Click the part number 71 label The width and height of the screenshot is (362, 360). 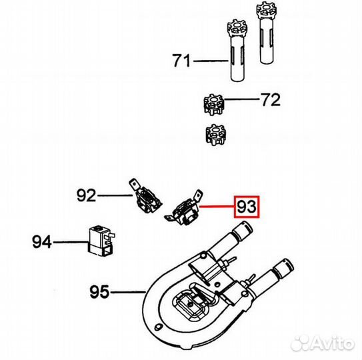pyautogui.click(x=182, y=61)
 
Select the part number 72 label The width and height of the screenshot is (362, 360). pyautogui.click(x=271, y=100)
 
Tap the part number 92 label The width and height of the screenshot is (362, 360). pyautogui.click(x=86, y=195)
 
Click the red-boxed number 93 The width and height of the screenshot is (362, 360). pyautogui.click(x=247, y=207)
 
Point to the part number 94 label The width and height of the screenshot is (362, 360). pyautogui.click(x=42, y=242)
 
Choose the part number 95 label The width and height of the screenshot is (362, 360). pyautogui.click(x=99, y=291)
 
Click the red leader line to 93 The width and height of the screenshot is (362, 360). pyautogui.click(x=217, y=207)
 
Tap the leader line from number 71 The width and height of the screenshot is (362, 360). pyautogui.click(x=211, y=61)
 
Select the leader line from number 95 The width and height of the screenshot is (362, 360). pyautogui.click(x=128, y=293)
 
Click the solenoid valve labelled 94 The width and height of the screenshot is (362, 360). pyautogui.click(x=101, y=241)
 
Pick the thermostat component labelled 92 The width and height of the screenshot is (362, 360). pyautogui.click(x=145, y=196)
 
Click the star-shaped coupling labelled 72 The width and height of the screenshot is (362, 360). pyautogui.click(x=214, y=105)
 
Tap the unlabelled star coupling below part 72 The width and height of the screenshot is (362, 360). pyautogui.click(x=215, y=135)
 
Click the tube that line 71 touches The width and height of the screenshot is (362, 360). pyautogui.click(x=237, y=50)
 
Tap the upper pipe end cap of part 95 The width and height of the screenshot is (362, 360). pyautogui.click(x=243, y=230)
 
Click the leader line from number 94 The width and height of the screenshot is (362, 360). pyautogui.click(x=71, y=242)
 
